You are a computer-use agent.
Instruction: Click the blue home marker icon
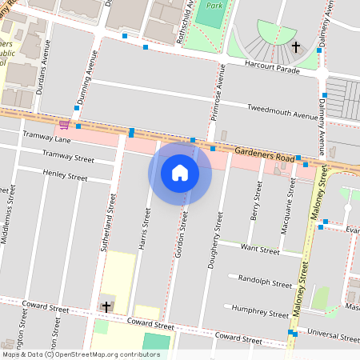pos(180,173)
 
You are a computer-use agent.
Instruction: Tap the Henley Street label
pos(66,175)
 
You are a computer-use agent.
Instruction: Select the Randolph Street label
pos(266,282)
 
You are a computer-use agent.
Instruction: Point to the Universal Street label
pos(330,330)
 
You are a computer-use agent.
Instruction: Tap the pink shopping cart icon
pos(63,125)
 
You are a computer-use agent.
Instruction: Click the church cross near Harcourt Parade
pos(296,47)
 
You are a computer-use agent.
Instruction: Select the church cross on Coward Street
pos(106,306)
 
